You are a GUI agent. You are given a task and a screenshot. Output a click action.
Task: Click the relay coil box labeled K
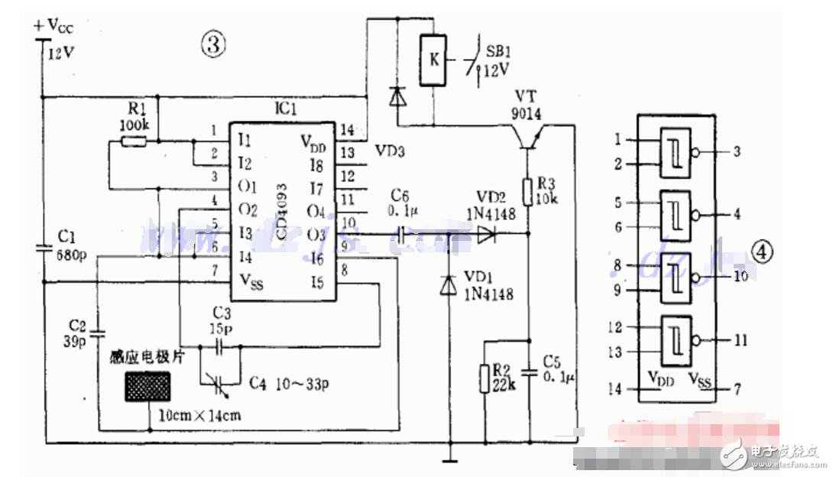click(x=433, y=59)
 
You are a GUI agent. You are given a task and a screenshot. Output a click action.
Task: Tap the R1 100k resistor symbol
click(x=135, y=141)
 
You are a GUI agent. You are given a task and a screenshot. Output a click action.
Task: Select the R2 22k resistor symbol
click(x=485, y=377)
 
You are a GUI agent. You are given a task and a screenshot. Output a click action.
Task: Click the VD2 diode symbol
click(x=486, y=235)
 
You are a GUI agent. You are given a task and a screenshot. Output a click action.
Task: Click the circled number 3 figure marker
click(x=213, y=44)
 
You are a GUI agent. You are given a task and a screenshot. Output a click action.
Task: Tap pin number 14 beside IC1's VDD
click(x=348, y=129)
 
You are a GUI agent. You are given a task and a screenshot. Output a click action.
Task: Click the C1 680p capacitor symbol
click(x=44, y=248)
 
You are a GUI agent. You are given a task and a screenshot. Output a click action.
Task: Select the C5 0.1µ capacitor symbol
click(x=528, y=372)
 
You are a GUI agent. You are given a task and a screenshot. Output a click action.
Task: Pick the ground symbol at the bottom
click(x=449, y=460)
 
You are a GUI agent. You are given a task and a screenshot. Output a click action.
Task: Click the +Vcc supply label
click(x=55, y=25)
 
